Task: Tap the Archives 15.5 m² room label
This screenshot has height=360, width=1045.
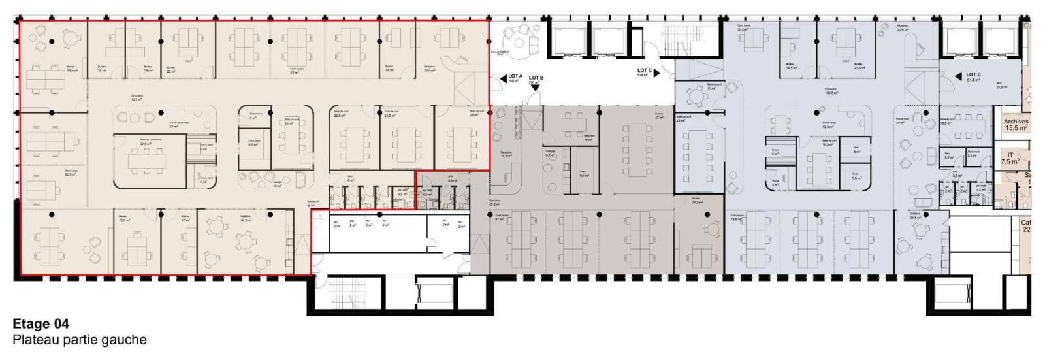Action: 1016,125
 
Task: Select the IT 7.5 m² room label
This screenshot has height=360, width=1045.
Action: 1010,158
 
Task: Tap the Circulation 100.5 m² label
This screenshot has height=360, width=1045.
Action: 831,91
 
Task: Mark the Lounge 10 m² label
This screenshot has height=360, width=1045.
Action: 277,185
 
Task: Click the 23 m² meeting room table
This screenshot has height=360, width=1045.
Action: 466,139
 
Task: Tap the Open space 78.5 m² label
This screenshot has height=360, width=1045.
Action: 737,218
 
